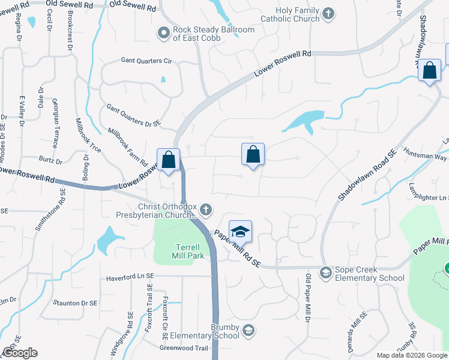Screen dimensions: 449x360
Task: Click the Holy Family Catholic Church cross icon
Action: tap(328, 13)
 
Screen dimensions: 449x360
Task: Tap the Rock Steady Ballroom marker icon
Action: tap(163, 33)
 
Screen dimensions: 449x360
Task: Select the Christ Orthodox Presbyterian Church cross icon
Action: tap(206, 209)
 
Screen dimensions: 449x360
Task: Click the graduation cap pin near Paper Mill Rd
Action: tap(240, 232)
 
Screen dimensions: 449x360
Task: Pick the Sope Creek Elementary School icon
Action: tap(326, 273)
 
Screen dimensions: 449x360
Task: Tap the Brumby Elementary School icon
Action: tap(248, 330)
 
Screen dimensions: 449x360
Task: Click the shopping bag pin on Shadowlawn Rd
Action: tap(430, 70)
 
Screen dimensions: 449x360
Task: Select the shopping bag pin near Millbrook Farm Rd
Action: tap(169, 160)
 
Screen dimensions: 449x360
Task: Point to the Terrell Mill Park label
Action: tap(190, 251)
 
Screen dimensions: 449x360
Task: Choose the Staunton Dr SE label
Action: tap(75, 303)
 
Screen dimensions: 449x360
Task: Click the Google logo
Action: tap(20, 353)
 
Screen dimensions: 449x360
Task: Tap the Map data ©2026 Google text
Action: tap(411, 355)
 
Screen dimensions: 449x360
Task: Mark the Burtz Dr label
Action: tap(50, 160)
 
